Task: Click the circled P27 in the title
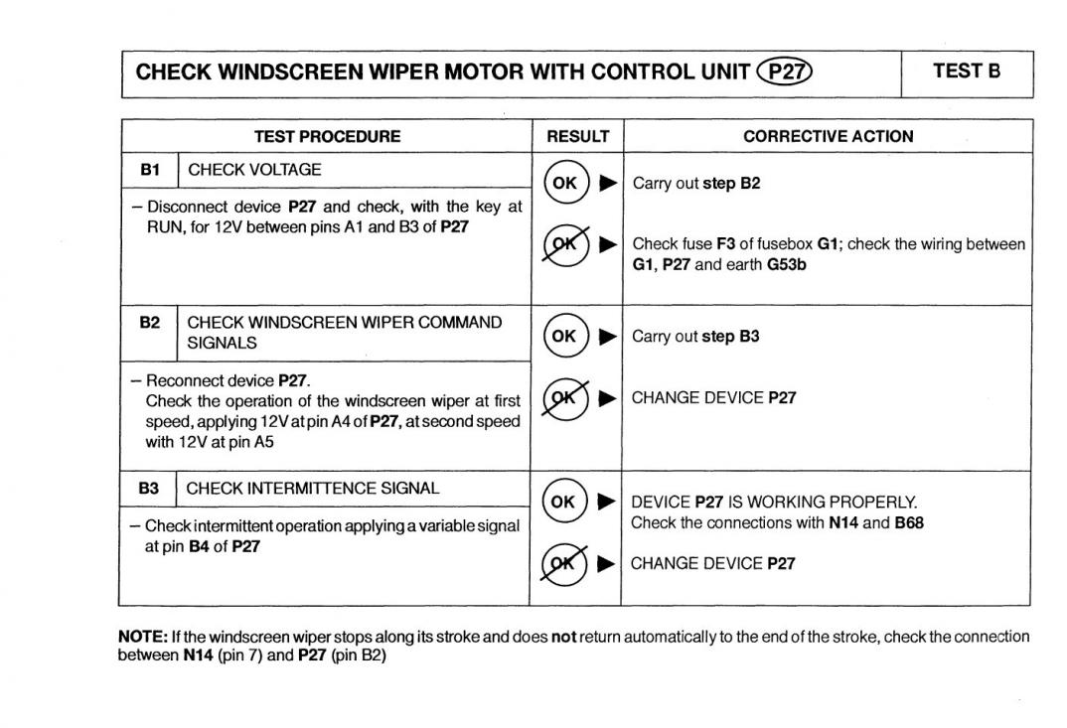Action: [785, 72]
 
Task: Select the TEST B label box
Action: [966, 72]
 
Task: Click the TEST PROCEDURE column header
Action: [327, 136]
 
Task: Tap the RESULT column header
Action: [577, 136]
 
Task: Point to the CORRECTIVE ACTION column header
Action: [828, 136]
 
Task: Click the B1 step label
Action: [150, 170]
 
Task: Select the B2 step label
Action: [149, 323]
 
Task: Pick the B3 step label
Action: [148, 489]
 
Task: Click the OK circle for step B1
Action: [565, 183]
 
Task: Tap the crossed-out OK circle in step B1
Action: [565, 243]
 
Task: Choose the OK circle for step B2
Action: [563, 336]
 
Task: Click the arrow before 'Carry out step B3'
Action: [608, 336]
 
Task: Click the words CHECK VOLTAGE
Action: [254, 170]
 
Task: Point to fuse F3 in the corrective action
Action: [725, 243]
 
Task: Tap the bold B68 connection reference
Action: [908, 522]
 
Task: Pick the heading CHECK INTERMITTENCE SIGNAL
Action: [313, 489]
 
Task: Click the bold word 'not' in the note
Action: [563, 637]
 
